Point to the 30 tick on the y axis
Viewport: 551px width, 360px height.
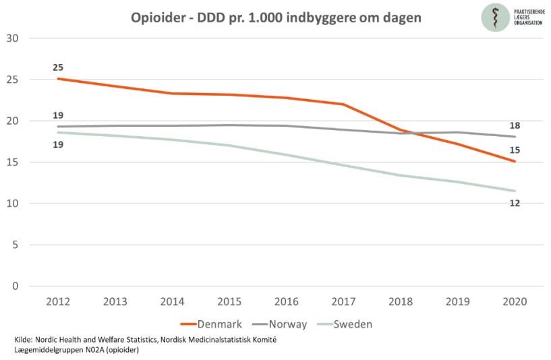point(13,38)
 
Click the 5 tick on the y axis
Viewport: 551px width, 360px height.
point(16,245)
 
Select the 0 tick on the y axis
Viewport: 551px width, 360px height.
point(16,286)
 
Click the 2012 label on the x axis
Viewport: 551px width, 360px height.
point(59,302)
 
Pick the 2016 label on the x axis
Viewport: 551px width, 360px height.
point(287,302)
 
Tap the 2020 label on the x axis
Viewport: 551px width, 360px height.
point(514,302)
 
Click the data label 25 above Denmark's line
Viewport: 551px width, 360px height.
point(59,67)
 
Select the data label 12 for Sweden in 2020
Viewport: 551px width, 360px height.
point(514,203)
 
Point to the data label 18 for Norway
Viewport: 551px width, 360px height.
point(514,125)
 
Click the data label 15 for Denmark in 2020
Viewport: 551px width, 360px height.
point(514,150)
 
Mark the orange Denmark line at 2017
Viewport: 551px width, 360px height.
point(343,104)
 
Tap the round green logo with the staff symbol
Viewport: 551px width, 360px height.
point(496,17)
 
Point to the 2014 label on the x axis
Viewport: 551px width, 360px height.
point(173,302)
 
